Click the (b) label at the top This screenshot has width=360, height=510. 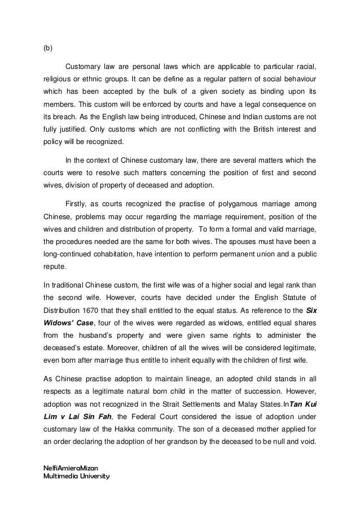(48, 48)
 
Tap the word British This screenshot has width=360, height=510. (242, 129)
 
